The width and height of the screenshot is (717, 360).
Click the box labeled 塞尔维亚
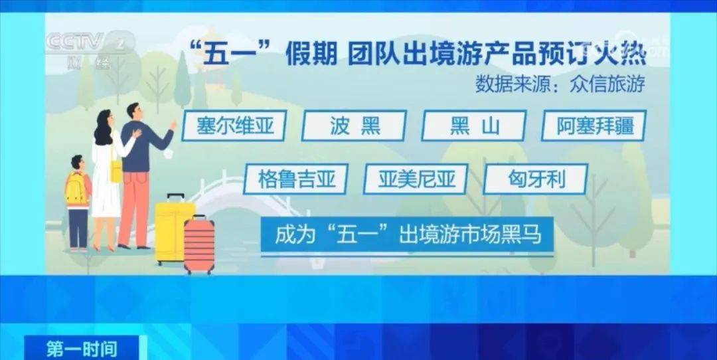[234, 126]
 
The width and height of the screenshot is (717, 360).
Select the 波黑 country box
[354, 126]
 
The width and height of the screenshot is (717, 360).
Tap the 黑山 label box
[474, 126]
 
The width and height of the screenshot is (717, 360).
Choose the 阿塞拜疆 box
[594, 126]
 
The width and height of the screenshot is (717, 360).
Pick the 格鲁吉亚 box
[296, 179]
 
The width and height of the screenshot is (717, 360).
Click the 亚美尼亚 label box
[416, 179]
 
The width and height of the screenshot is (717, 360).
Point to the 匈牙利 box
[536, 179]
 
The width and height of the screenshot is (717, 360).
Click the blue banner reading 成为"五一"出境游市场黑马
[407, 234]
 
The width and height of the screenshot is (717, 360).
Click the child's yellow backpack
[76, 189]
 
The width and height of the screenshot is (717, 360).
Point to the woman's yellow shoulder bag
[116, 169]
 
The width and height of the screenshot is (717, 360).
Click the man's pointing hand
[173, 124]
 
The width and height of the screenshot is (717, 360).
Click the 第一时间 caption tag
[82, 349]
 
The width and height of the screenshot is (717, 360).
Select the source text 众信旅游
[607, 85]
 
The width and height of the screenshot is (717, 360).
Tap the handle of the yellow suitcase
[175, 198]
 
